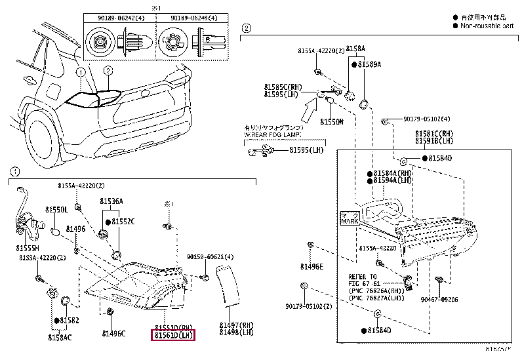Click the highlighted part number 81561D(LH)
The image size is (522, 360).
coord(174,336)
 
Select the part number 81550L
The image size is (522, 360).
coord(56,209)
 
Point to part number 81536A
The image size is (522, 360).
coord(111,201)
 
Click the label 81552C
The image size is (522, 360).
coord(123,222)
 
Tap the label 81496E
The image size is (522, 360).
coord(311,266)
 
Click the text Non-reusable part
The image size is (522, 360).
coord(488,26)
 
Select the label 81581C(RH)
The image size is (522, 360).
coord(434,133)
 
